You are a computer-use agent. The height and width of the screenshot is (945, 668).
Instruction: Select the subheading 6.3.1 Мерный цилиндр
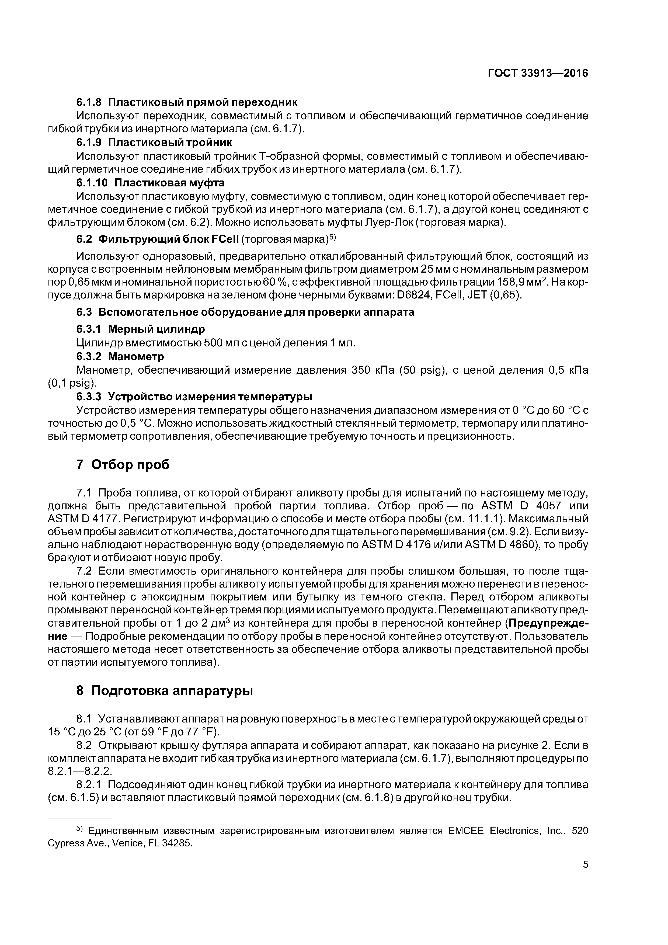(x=140, y=329)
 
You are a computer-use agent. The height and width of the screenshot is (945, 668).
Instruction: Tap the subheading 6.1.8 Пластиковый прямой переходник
(x=187, y=102)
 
